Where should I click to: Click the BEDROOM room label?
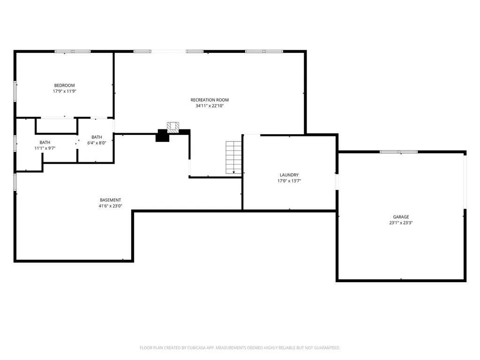(x=64, y=85)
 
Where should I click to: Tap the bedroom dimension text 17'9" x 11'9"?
(x=64, y=91)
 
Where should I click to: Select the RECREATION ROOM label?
(x=210, y=100)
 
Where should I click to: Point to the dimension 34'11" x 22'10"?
(x=210, y=106)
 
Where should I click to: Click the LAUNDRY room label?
(x=289, y=175)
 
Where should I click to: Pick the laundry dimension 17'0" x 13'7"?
(x=289, y=181)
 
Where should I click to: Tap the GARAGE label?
(x=401, y=217)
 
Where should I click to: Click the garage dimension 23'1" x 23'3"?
(x=401, y=223)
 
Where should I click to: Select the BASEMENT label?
(x=110, y=200)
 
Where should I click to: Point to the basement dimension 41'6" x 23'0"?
(x=110, y=206)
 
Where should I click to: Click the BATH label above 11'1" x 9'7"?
(x=45, y=142)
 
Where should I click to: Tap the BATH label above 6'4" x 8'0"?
(x=97, y=137)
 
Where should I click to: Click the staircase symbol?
(x=233, y=157)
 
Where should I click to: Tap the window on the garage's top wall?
(x=398, y=152)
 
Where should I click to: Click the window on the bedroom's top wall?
(x=73, y=51)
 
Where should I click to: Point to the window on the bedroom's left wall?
(x=15, y=90)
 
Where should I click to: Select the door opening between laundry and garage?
(x=337, y=182)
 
